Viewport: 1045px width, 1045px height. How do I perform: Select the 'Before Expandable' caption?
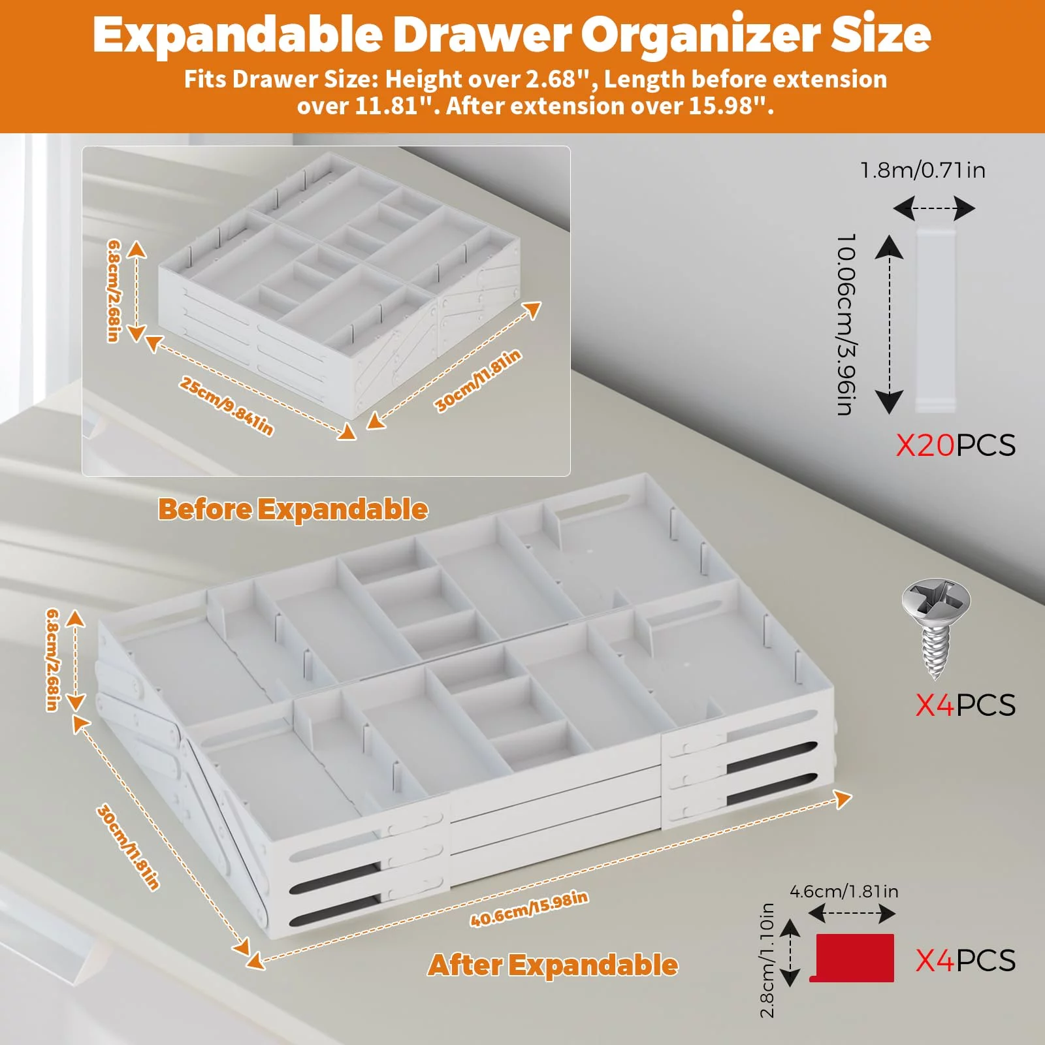pyautogui.click(x=293, y=509)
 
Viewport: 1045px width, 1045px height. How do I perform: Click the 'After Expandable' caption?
pyautogui.click(x=553, y=965)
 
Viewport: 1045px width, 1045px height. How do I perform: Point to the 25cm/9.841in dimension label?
pyautogui.click(x=226, y=406)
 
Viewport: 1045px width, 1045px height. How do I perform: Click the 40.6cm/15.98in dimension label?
pyautogui.click(x=529, y=908)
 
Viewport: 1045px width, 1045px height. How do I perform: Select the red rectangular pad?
pyautogui.click(x=852, y=957)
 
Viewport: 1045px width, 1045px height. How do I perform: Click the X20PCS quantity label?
pyautogui.click(x=956, y=445)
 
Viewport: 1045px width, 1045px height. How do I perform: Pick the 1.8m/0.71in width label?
pyautogui.click(x=923, y=170)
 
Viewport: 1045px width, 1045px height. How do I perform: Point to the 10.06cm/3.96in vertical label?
pyautogui.click(x=846, y=324)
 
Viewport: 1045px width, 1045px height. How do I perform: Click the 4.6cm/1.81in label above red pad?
pyautogui.click(x=844, y=891)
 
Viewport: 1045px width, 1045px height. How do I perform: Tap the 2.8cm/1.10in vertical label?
pyautogui.click(x=767, y=960)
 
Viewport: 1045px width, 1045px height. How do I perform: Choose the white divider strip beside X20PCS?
pyautogui.click(x=936, y=320)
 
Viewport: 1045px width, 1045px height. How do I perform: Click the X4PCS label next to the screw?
pyautogui.click(x=965, y=705)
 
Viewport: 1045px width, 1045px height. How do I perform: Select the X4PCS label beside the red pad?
pyautogui.click(x=965, y=961)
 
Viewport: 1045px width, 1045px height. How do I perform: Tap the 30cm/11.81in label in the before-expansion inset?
pyautogui.click(x=478, y=381)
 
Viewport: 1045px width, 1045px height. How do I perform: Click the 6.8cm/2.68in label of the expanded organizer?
pyautogui.click(x=54, y=660)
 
